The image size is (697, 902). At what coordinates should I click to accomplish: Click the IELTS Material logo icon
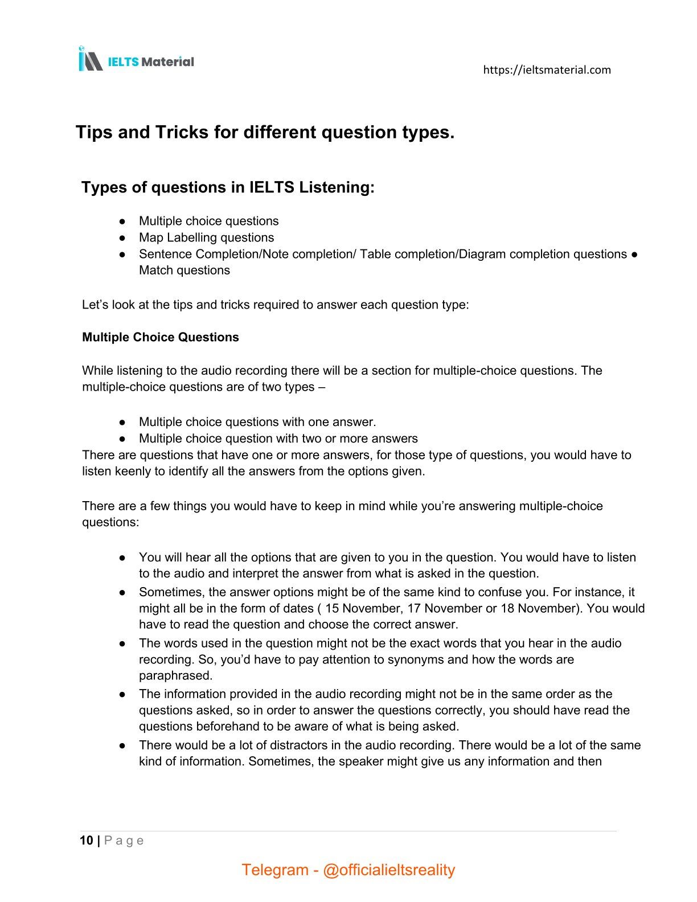pyautogui.click(x=90, y=59)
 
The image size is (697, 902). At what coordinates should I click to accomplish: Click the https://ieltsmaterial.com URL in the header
pyautogui.click(x=547, y=70)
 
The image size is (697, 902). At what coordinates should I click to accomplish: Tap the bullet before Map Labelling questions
pyautogui.click(x=122, y=237)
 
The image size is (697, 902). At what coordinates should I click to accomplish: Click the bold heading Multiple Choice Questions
pyautogui.click(x=161, y=337)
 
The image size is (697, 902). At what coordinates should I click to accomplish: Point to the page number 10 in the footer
pyautogui.click(x=87, y=840)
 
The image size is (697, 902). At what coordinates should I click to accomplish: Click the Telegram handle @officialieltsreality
pyautogui.click(x=389, y=870)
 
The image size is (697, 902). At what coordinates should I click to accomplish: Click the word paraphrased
pyautogui.click(x=175, y=675)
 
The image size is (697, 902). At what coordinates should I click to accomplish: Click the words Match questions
pyautogui.click(x=184, y=270)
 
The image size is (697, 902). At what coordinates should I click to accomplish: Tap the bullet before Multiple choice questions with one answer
pyautogui.click(x=122, y=422)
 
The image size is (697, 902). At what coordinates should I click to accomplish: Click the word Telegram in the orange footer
pyautogui.click(x=274, y=870)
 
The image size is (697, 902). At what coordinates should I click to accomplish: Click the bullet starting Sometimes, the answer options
pyautogui.click(x=122, y=592)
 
